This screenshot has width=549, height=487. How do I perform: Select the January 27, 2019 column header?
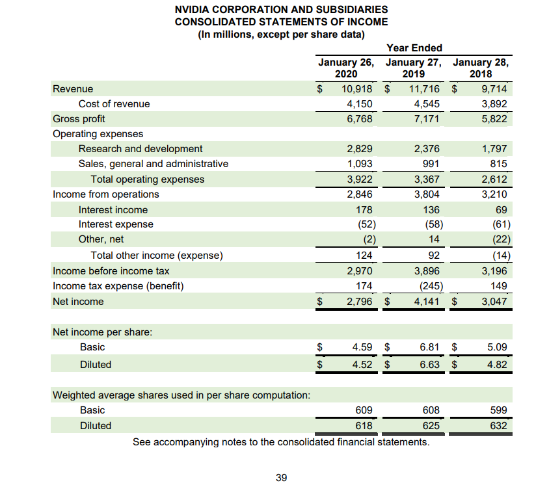[413, 68]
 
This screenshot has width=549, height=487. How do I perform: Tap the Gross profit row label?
[79, 119]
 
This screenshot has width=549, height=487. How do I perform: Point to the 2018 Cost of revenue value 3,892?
[494, 104]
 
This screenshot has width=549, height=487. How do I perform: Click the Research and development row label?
[140, 149]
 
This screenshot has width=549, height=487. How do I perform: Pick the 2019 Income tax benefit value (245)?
[427, 286]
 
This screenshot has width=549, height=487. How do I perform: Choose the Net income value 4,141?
[425, 302]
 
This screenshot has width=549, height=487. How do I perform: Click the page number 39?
[281, 478]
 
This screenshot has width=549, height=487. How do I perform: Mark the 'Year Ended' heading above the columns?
[414, 47]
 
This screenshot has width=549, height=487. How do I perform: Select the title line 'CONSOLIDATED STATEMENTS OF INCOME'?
[281, 22]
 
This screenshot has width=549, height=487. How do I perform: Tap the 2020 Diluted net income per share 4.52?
[362, 365]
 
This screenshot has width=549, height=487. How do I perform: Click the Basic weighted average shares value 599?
[498, 410]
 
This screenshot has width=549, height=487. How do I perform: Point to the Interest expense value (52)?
[364, 224]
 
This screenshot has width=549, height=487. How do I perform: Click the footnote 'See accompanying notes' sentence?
[281, 443]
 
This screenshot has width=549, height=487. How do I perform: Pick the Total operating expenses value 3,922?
[360, 179]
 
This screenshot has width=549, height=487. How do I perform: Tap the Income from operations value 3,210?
[494, 194]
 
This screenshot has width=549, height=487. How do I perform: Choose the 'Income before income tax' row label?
[111, 271]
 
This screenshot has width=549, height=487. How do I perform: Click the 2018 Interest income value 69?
[501, 210]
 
